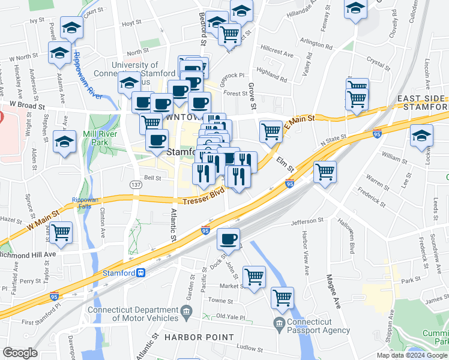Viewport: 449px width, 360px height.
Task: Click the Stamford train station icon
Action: pos(140,272)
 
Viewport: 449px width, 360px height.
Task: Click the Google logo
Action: pos(20,353)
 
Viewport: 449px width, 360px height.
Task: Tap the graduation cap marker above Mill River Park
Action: pos(64,142)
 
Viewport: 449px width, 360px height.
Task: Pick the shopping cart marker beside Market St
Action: pos(255,277)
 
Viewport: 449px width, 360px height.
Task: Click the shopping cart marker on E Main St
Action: pos(271,130)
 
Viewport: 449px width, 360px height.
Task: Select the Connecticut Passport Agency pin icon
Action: pos(279,324)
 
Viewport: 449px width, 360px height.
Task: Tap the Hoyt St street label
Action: pos(131,24)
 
